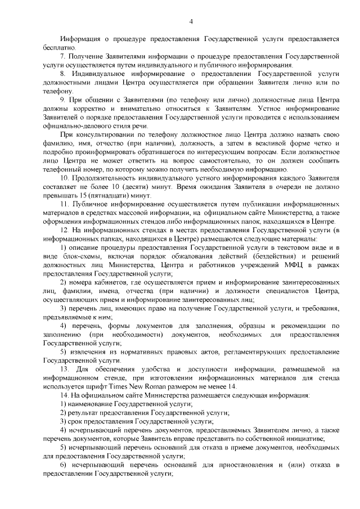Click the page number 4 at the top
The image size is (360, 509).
click(x=191, y=22)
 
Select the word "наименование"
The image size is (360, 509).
click(x=91, y=404)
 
